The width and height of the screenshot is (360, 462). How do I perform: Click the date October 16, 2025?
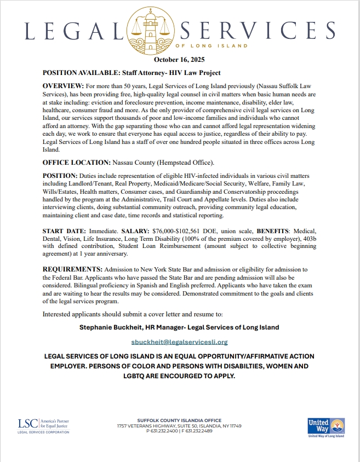[180, 59]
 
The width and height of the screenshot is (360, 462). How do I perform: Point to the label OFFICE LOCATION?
[76, 163]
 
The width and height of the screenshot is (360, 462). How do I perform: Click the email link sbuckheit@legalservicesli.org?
[180, 342]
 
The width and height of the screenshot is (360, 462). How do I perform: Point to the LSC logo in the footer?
[44, 425]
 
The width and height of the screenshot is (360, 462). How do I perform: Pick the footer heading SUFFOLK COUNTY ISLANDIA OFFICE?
[179, 420]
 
